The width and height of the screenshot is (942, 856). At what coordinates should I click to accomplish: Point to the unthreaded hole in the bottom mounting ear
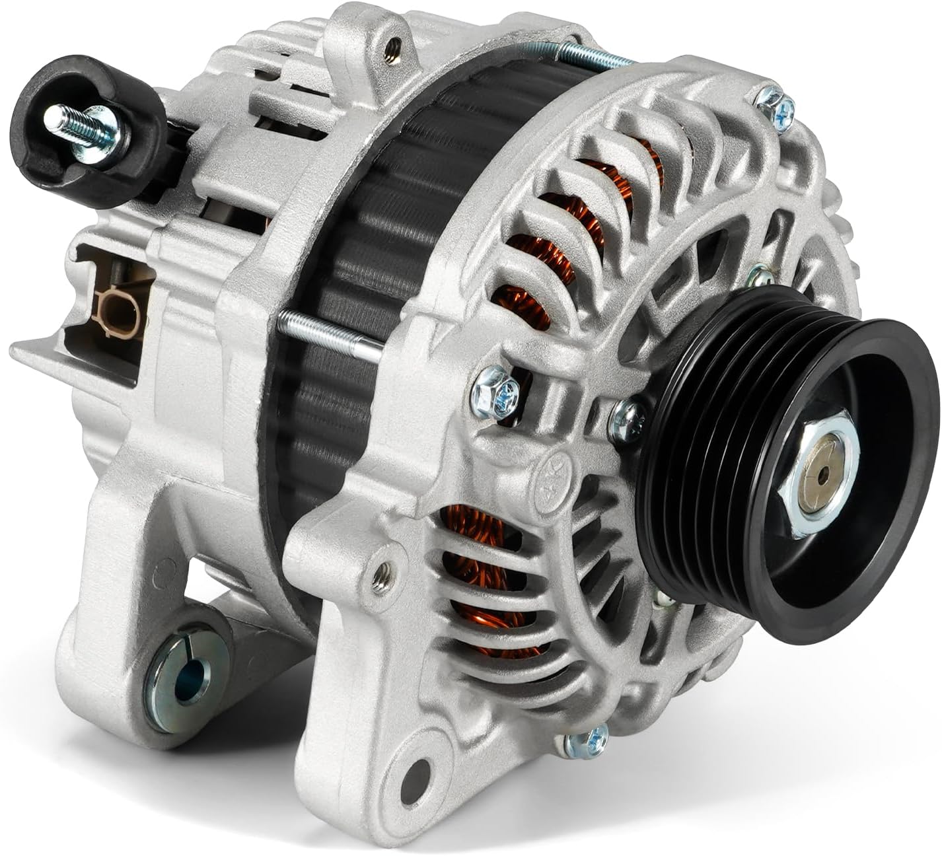[420, 769]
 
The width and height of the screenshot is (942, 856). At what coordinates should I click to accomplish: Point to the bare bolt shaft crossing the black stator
[330, 337]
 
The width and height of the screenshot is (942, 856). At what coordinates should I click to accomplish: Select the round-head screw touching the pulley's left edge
[628, 418]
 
